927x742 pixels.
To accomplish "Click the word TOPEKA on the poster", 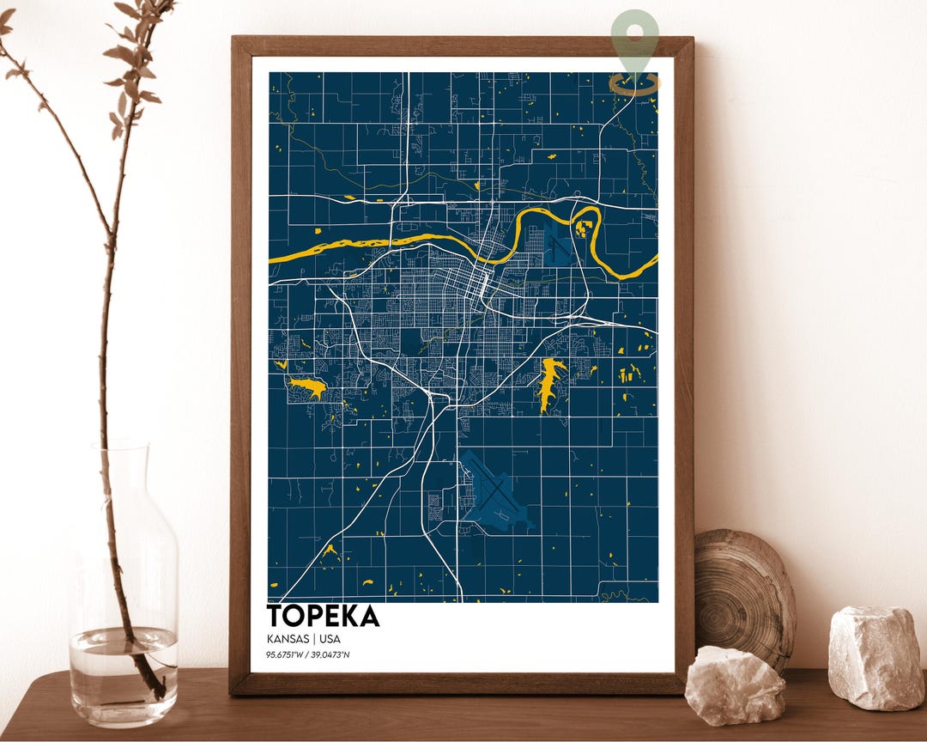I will pyautogui.click(x=323, y=616).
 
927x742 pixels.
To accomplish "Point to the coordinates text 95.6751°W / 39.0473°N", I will pyautogui.click(x=308, y=655).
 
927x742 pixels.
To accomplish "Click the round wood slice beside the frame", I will pyautogui.click(x=744, y=593).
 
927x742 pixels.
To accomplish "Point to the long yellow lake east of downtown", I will pyautogui.click(x=549, y=383).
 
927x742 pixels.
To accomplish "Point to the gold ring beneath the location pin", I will pyautogui.click(x=635, y=83).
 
